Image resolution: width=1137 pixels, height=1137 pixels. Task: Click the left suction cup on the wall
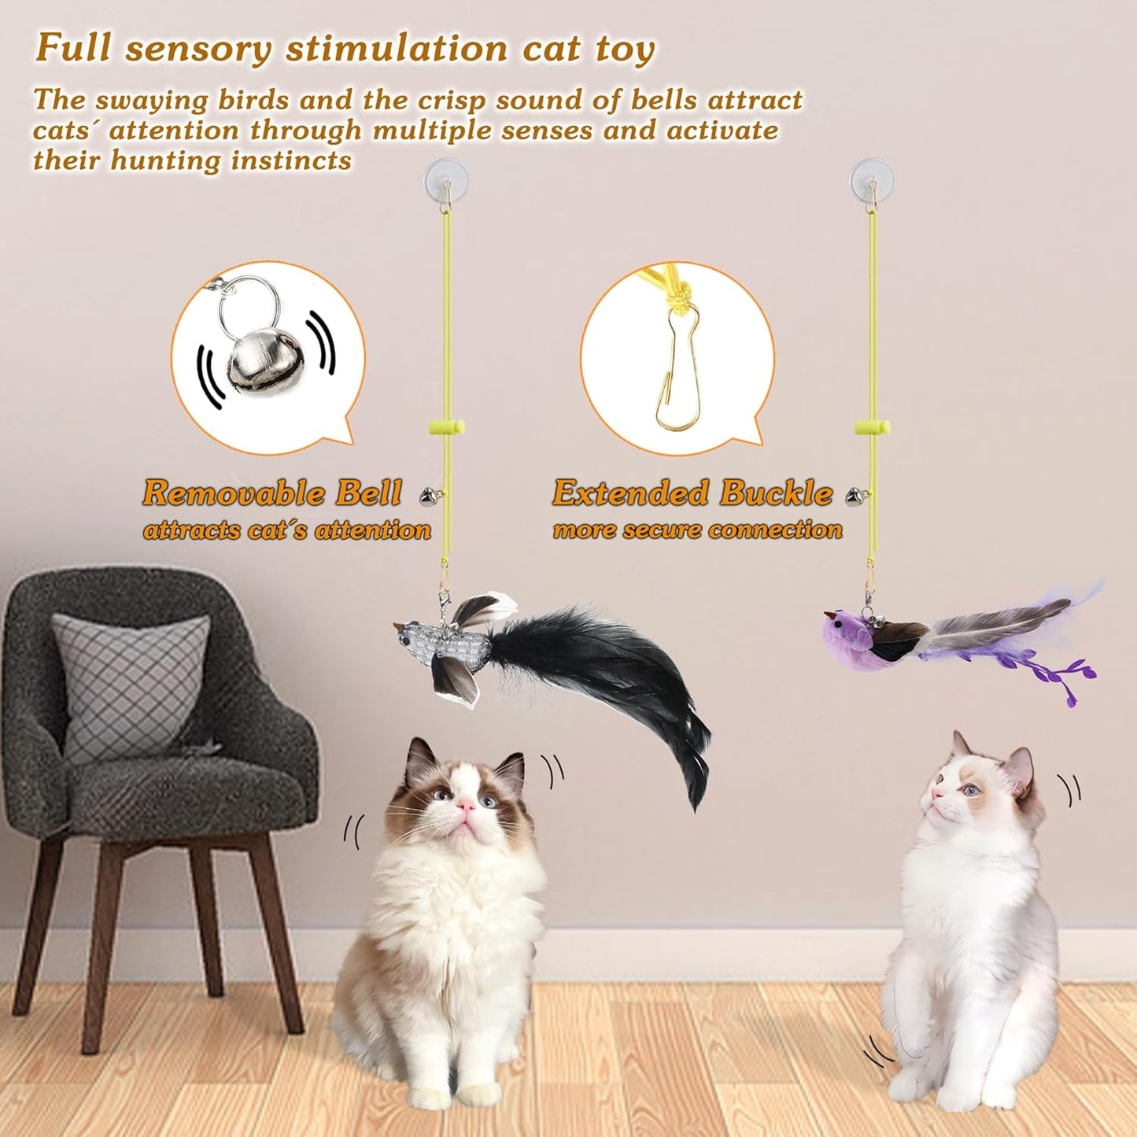click(x=445, y=180)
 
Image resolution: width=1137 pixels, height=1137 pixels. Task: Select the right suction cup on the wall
click(x=872, y=180)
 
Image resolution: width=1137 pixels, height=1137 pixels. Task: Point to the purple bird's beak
click(x=828, y=615)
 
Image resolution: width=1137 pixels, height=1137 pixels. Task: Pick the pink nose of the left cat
click(x=467, y=805)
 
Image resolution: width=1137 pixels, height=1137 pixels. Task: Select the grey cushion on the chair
click(x=130, y=685)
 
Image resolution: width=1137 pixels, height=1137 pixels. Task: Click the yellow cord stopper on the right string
click(x=872, y=428)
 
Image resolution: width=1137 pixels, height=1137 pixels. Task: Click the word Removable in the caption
click(x=234, y=493)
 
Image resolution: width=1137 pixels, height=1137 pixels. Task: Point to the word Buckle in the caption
click(x=776, y=493)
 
